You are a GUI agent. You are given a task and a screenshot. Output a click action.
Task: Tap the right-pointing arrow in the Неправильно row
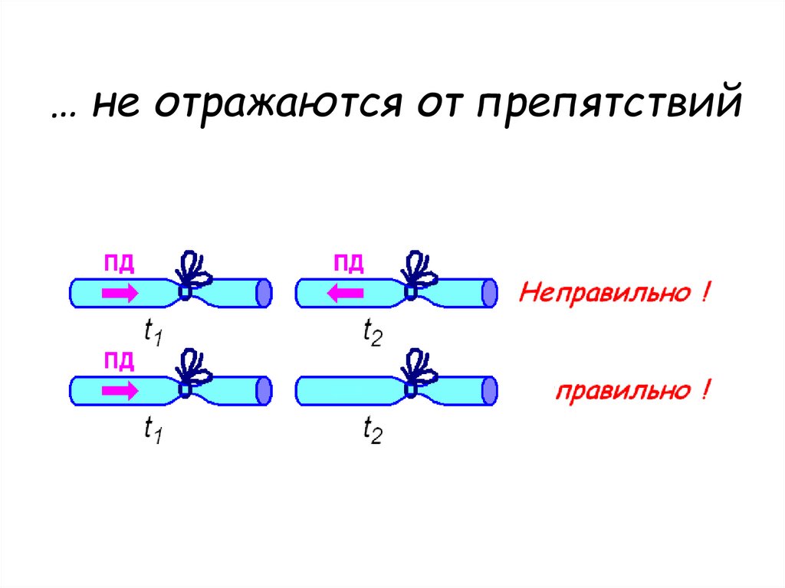point(120,291)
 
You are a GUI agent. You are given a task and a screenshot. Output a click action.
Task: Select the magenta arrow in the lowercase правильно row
point(120,390)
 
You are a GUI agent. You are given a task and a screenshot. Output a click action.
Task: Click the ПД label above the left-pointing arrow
point(347,265)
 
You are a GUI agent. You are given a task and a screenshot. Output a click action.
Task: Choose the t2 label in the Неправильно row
point(372,333)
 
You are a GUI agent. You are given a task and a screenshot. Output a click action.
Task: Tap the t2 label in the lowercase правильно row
point(372,432)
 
